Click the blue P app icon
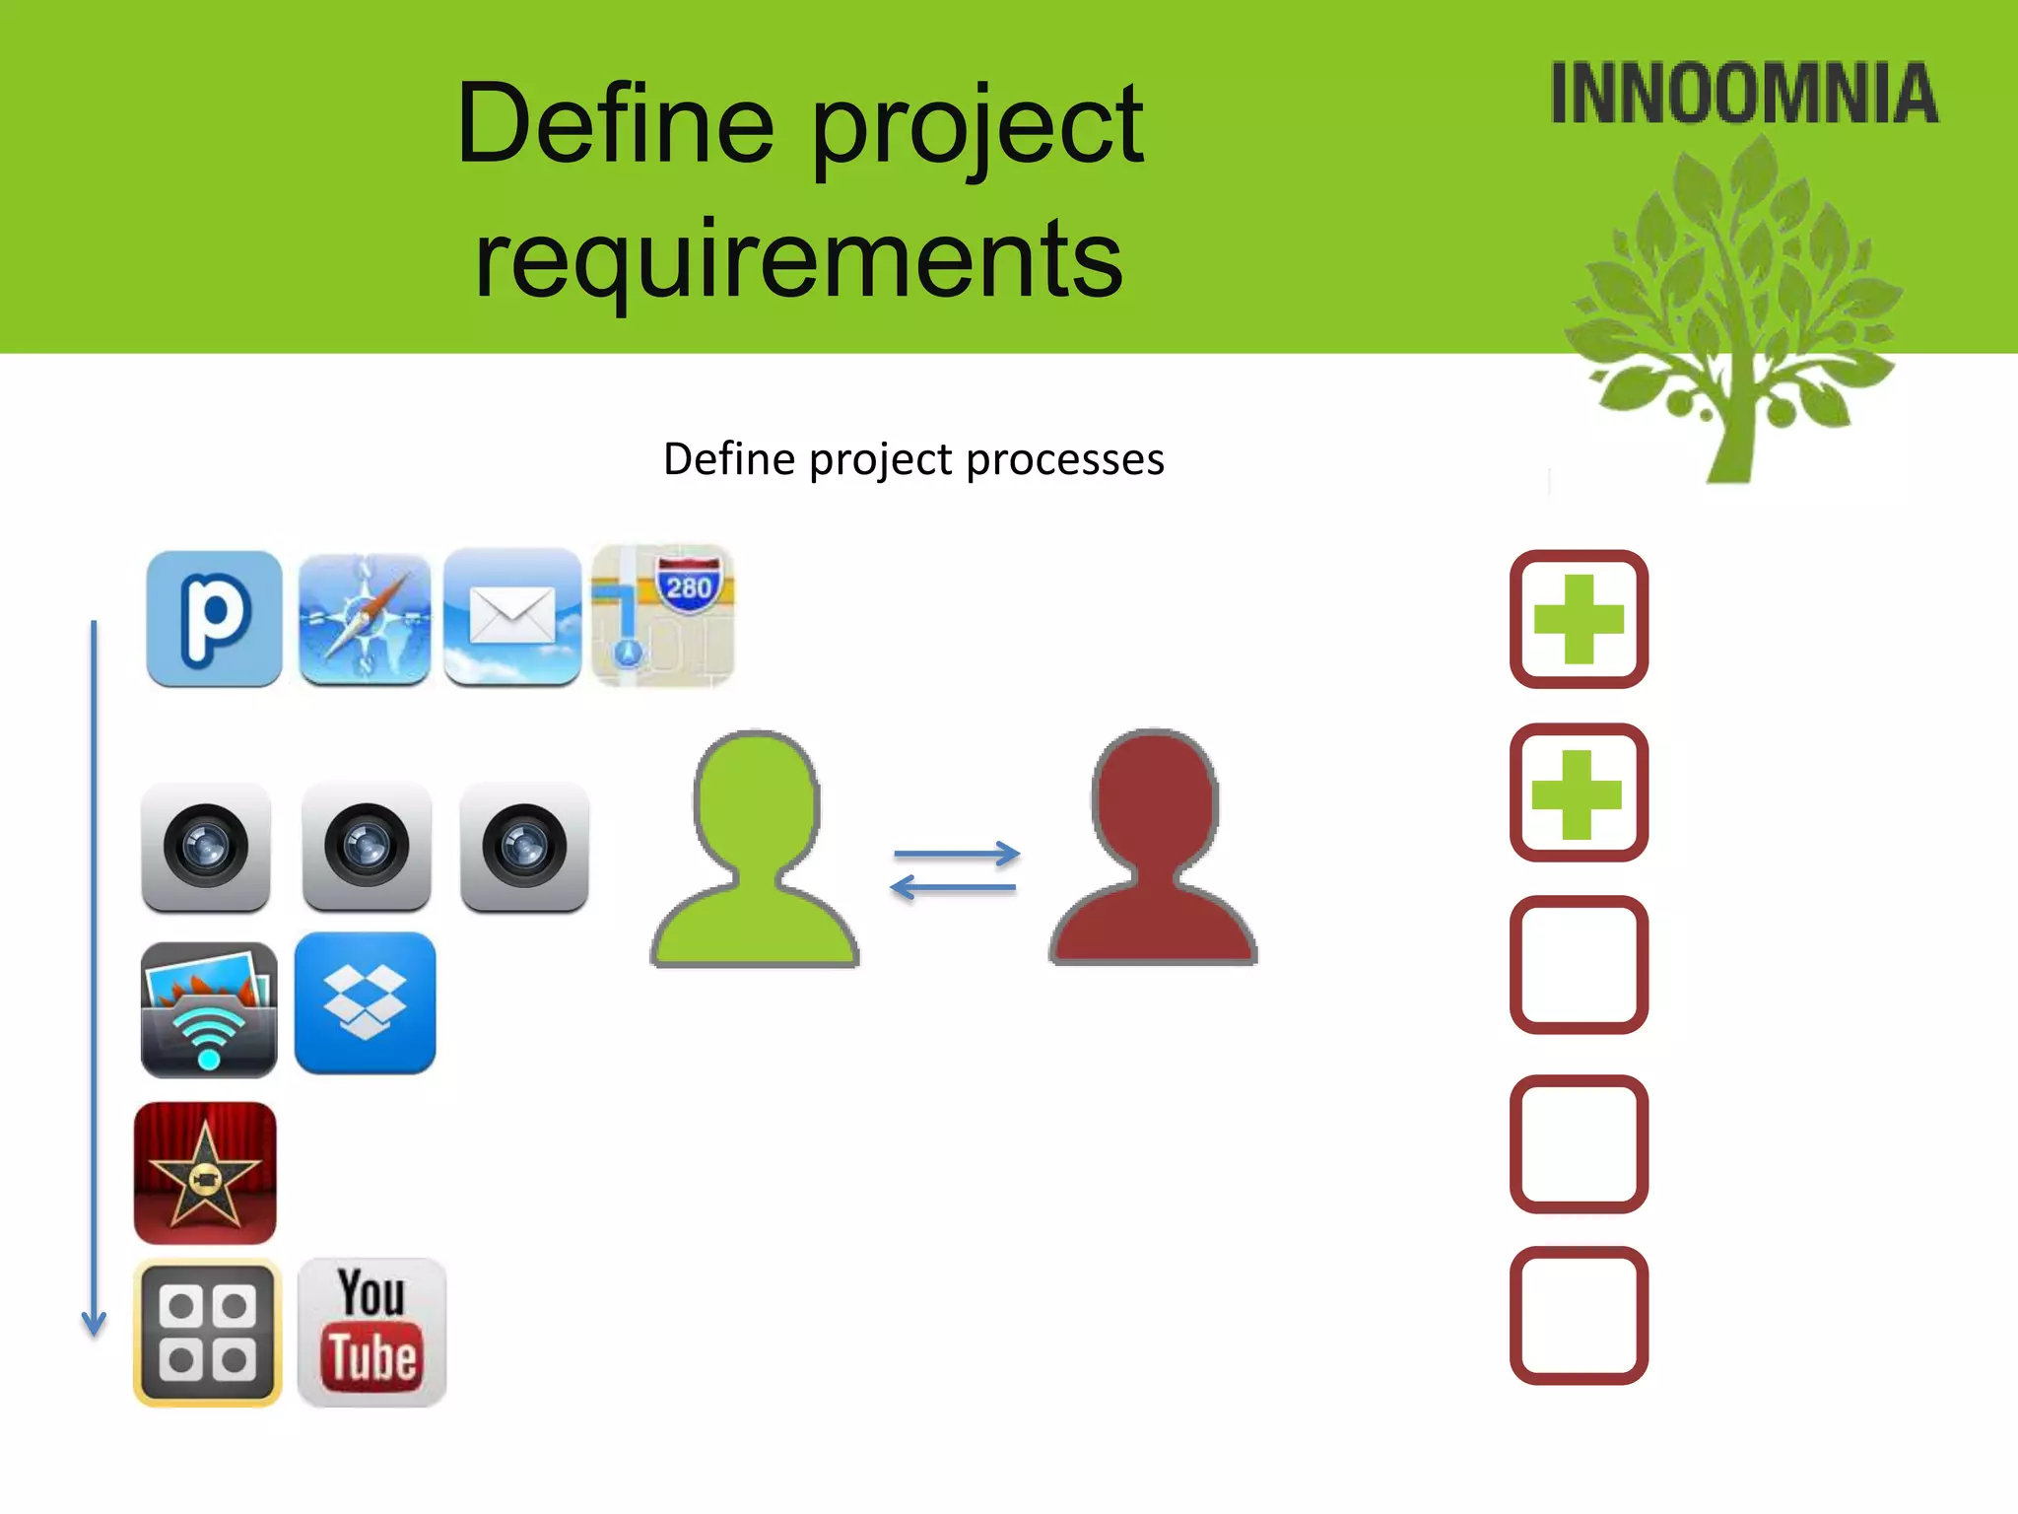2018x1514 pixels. pyautogui.click(x=214, y=618)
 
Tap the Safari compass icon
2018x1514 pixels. pyautogui.click(x=365, y=619)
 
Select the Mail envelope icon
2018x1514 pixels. pyautogui.click(x=512, y=617)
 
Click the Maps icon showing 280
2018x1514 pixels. pyautogui.click(x=663, y=616)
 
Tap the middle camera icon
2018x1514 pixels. pyautogui.click(x=367, y=847)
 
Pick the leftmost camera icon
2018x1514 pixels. pyautogui.click(x=206, y=847)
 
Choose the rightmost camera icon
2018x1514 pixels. pyautogui.click(x=524, y=847)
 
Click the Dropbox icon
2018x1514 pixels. pyautogui.click(x=365, y=1002)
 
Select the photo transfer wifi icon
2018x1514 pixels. pyautogui.click(x=209, y=1009)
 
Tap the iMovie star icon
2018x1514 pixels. pyautogui.click(x=205, y=1173)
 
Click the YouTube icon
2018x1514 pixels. pyautogui.click(x=371, y=1332)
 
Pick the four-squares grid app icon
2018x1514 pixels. pyautogui.click(x=207, y=1332)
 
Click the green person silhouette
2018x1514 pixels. pyautogui.click(x=756, y=853)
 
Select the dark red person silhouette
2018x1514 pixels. pyautogui.click(x=1154, y=853)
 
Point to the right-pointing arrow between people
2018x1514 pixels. pyautogui.click(x=956, y=854)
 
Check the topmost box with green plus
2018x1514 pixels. pyautogui.click(x=1579, y=619)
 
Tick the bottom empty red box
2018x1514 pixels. pyautogui.click(x=1579, y=1315)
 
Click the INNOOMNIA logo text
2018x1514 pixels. pyautogui.click(x=1744, y=94)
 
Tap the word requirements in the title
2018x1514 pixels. pyautogui.click(x=798, y=259)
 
